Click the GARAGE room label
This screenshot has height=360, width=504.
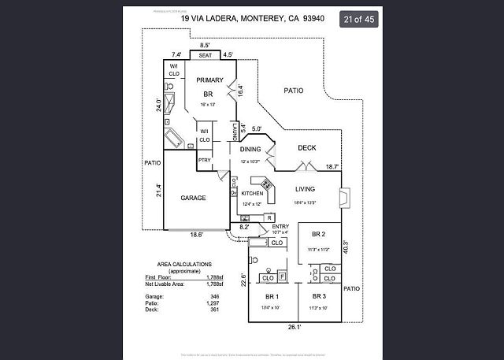193,198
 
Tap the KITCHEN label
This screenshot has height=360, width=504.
252,193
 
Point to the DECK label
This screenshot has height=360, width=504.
307,148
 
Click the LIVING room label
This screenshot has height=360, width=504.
306,189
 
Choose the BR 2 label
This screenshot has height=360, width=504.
319,235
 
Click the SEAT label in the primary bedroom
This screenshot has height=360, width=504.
206,56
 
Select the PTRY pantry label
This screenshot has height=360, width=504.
204,160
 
